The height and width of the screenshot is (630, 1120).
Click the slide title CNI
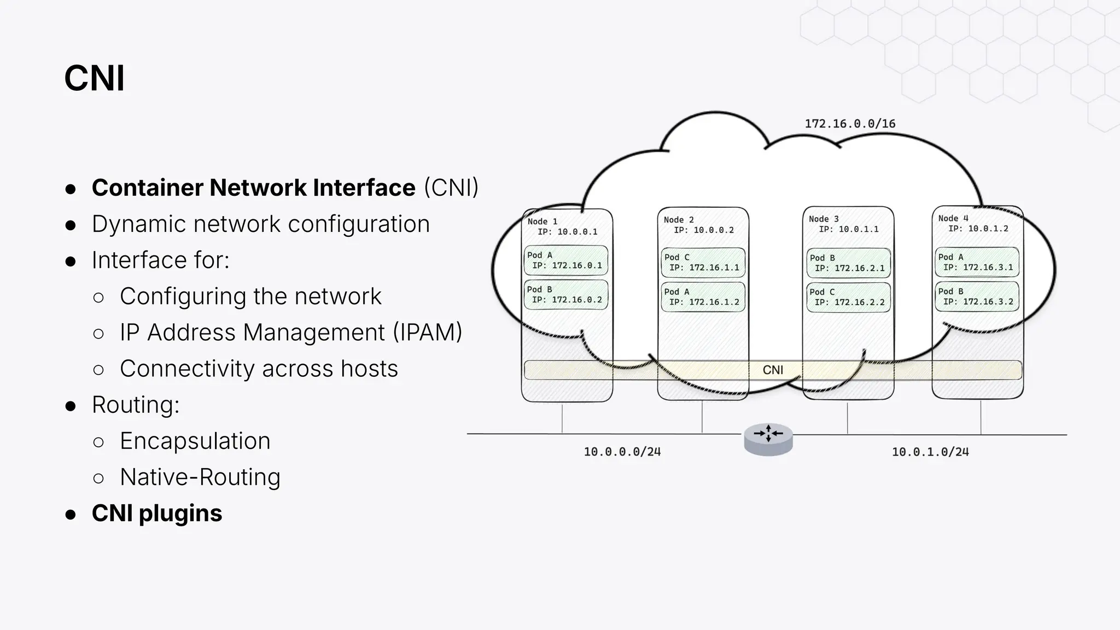coord(94,78)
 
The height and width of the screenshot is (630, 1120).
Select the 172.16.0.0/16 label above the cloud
coord(849,124)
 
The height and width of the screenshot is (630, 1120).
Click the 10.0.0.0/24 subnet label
coord(622,452)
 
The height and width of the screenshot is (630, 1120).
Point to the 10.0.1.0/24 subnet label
coord(930,452)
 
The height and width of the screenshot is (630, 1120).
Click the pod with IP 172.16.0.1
coord(566,260)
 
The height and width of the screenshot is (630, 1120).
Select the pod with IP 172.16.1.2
coord(703,297)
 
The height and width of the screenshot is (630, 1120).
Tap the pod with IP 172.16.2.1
coord(848,263)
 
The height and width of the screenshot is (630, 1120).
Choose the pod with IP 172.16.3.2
coord(977,296)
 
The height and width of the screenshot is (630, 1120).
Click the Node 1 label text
coord(542,221)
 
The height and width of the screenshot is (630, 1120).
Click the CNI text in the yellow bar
coord(773,370)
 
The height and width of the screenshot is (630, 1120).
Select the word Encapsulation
coord(195,441)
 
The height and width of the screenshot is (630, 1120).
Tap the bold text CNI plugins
coord(157,513)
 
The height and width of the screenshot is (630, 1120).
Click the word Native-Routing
coord(200,477)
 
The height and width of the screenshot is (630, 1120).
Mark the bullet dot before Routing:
coord(70,406)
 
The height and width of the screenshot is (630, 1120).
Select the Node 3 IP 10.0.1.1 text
coord(848,229)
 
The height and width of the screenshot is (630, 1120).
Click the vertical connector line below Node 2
coord(702,417)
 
